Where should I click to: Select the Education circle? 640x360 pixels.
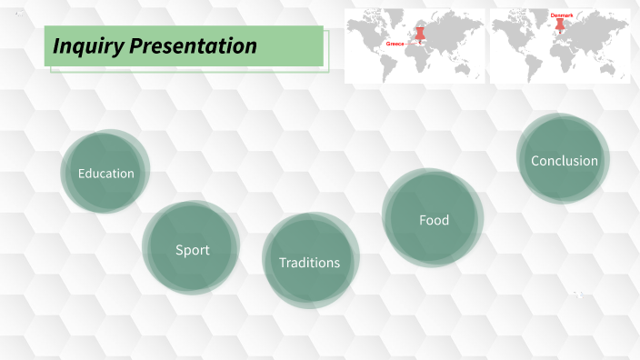pyautogui.click(x=105, y=171)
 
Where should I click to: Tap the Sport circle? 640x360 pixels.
pyautogui.click(x=191, y=247)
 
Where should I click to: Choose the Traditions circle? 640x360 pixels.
pyautogui.click(x=310, y=260)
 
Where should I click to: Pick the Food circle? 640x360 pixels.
pyautogui.click(x=434, y=218)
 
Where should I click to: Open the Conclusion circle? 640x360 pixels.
pyautogui.click(x=564, y=159)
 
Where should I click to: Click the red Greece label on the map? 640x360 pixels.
pyautogui.click(x=395, y=43)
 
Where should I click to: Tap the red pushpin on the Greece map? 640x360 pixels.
pyautogui.click(x=420, y=33)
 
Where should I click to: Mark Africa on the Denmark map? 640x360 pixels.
pyautogui.click(x=563, y=52)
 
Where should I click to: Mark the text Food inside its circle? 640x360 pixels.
pyautogui.click(x=434, y=220)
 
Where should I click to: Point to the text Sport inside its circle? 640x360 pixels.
pyautogui.click(x=193, y=250)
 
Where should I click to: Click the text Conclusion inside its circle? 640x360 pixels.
pyautogui.click(x=565, y=161)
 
